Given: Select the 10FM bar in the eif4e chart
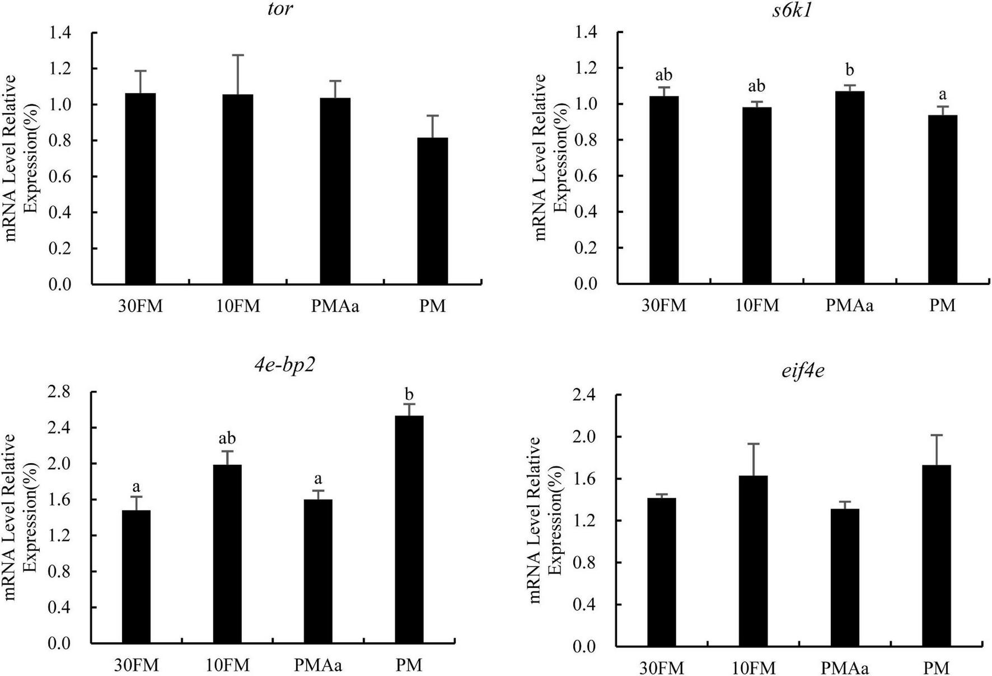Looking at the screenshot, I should pyautogui.click(x=753, y=561).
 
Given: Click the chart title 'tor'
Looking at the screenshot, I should pyautogui.click(x=280, y=10).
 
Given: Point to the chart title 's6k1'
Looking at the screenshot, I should pyautogui.click(x=792, y=11).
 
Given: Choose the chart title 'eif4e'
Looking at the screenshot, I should pyautogui.click(x=804, y=370).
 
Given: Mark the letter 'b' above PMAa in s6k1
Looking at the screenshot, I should pyautogui.click(x=850, y=70).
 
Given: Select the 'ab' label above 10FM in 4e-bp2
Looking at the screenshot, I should pyautogui.click(x=227, y=438).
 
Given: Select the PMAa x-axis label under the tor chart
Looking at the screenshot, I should pyautogui.click(x=335, y=306).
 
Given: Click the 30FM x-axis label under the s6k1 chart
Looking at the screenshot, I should pyautogui.click(x=663, y=305).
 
